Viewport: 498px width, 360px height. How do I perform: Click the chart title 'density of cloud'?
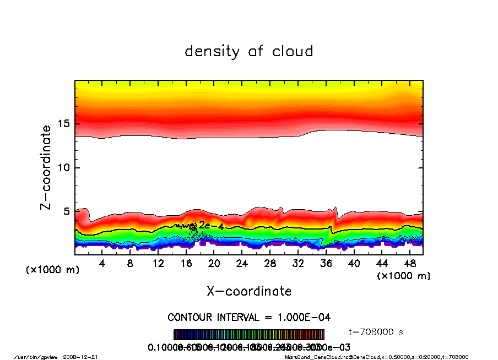[x=248, y=52]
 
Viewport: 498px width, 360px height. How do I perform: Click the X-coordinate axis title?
[x=249, y=291]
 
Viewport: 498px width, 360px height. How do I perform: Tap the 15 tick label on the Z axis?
[x=64, y=123]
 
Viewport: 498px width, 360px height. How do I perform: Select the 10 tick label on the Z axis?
[x=64, y=167]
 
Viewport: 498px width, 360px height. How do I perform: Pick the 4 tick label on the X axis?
[x=102, y=263]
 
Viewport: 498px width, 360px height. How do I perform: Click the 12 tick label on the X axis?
[x=158, y=263]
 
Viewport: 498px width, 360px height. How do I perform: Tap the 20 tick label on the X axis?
[x=214, y=263]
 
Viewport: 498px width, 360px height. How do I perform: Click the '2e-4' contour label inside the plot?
[x=210, y=226]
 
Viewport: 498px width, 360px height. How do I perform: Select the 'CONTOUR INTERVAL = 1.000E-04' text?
[x=249, y=318]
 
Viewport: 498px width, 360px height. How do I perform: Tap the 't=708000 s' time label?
[x=376, y=332]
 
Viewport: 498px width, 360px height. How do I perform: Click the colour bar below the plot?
[x=249, y=335]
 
